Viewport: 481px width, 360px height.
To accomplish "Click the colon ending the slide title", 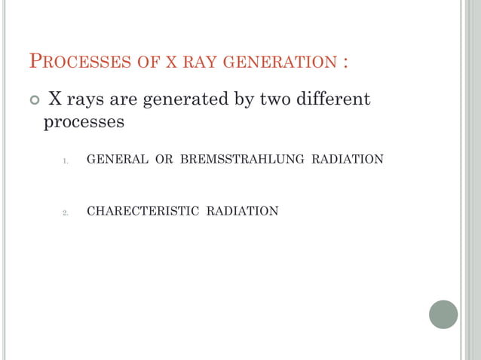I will tap(345, 62).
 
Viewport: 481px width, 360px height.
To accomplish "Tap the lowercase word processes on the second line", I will tap(84, 121).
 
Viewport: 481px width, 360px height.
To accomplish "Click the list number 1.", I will tap(66, 160).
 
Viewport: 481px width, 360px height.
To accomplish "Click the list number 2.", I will tap(66, 212).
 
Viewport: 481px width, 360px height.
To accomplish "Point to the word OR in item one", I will tap(164, 159).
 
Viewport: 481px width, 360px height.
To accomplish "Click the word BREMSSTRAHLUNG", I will tap(242, 159).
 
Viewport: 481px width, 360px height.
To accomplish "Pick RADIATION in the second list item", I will tap(242, 211).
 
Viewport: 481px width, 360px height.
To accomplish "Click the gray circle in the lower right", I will tap(443, 314).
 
